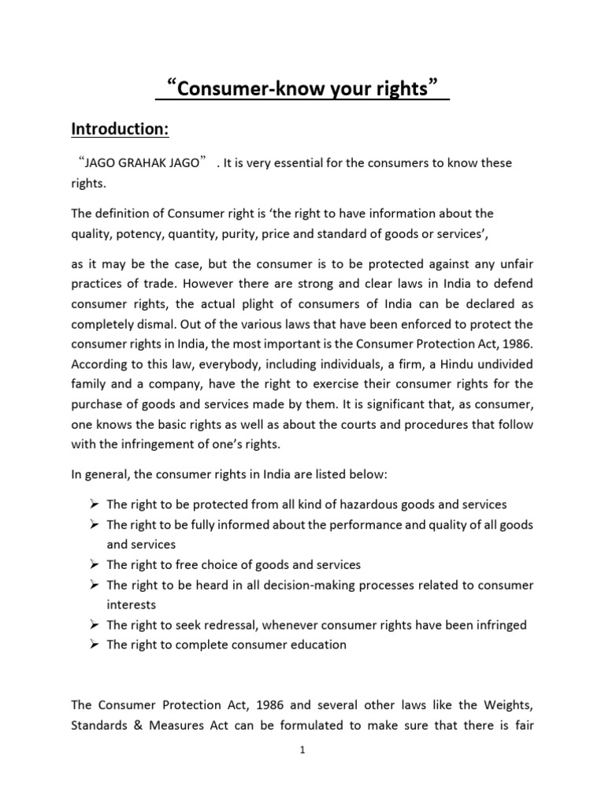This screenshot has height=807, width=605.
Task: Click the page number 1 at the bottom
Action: pyautogui.click(x=302, y=750)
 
